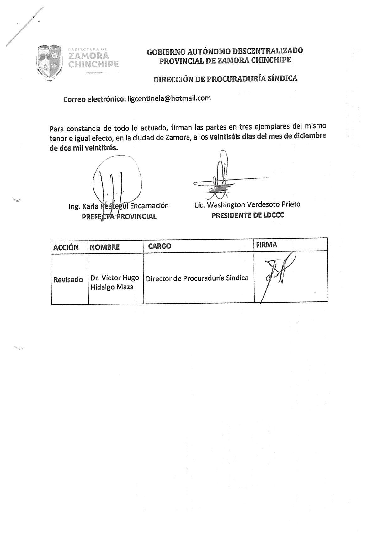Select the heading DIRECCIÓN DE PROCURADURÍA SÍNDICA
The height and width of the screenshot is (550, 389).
click(225, 78)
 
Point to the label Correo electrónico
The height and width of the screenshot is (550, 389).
click(94, 99)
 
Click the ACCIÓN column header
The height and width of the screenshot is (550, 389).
click(66, 247)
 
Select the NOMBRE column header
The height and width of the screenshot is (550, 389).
click(104, 247)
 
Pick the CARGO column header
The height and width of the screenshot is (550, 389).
click(159, 246)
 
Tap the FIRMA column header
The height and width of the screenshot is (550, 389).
click(266, 245)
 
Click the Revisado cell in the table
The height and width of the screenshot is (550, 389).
click(68, 279)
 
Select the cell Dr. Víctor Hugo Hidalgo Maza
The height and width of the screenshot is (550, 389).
click(115, 282)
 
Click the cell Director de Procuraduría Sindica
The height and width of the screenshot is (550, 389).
click(197, 278)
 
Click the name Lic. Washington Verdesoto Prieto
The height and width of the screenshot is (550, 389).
click(248, 204)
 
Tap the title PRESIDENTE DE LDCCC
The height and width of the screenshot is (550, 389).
click(248, 215)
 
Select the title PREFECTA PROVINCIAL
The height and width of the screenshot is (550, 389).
click(119, 216)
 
